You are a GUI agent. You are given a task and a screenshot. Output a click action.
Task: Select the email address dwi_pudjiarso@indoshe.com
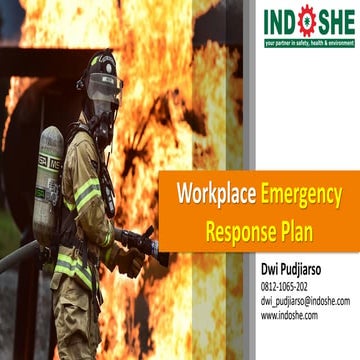(x=305, y=300)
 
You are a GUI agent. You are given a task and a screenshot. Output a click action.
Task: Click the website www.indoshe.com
(x=289, y=314)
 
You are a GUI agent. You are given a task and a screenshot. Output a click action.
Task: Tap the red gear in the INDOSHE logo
(x=306, y=21)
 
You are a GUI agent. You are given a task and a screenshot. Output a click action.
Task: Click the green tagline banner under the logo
(x=307, y=43)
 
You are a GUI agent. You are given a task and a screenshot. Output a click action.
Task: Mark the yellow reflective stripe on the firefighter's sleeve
(x=88, y=193)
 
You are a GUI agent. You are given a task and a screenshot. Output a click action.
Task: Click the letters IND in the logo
(x=280, y=21)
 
